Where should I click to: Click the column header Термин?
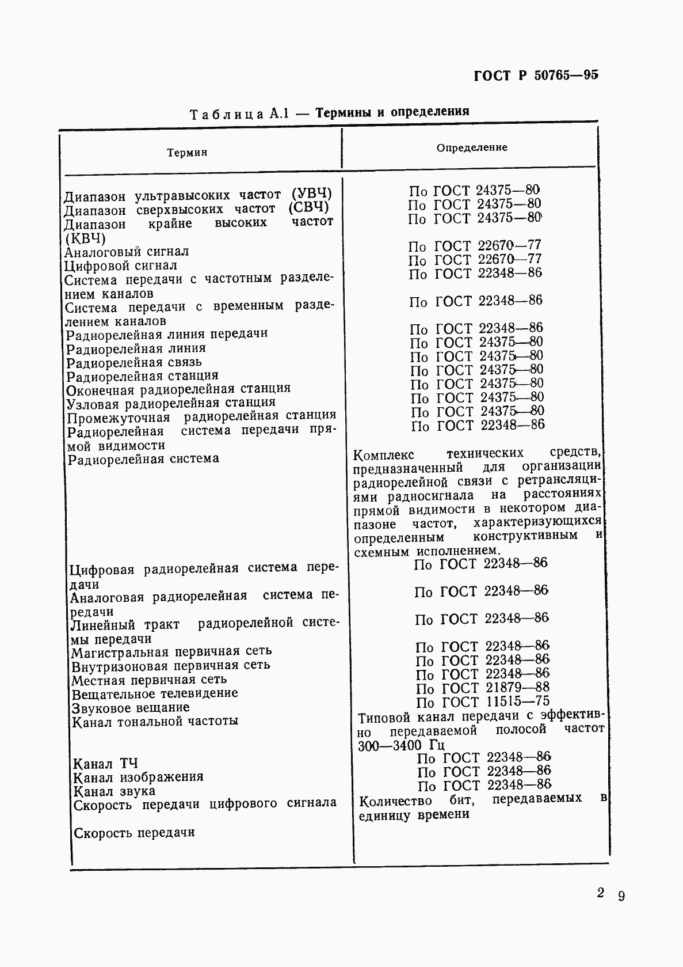(187, 153)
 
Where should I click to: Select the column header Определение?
(472, 147)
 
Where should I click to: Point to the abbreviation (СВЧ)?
(308, 207)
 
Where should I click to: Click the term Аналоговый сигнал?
(127, 252)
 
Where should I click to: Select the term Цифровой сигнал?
(121, 266)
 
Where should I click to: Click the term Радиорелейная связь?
(134, 362)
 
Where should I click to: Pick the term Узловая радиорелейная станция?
(171, 402)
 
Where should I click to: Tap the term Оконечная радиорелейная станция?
(178, 388)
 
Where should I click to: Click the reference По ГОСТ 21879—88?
(483, 688)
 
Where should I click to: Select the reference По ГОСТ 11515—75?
(483, 702)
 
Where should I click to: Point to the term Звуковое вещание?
(131, 707)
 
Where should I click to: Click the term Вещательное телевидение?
(154, 693)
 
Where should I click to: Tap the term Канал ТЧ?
(105, 764)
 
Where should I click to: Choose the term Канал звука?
(115, 791)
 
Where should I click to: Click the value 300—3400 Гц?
(401, 745)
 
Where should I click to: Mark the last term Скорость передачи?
(135, 833)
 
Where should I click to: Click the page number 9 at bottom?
(621, 896)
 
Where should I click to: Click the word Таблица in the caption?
(227, 114)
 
